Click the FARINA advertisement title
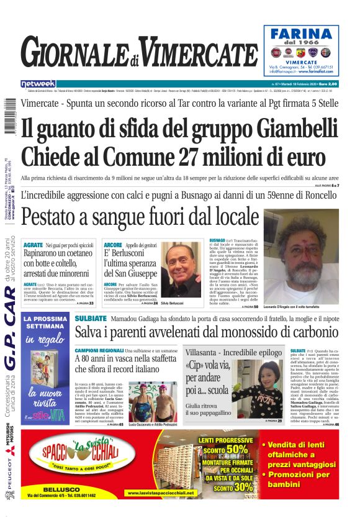pos(305,35)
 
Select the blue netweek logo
pos(38,84)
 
